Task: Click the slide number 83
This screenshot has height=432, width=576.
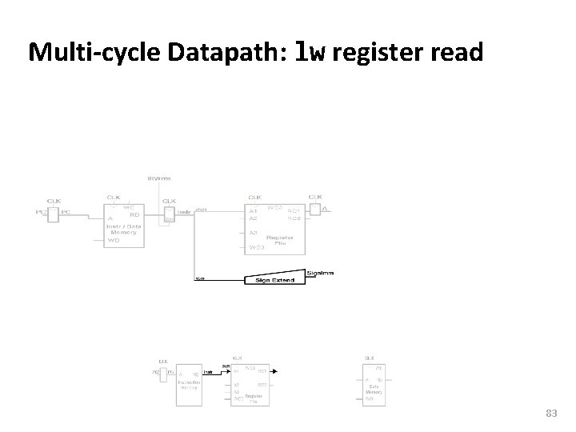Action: [550, 413]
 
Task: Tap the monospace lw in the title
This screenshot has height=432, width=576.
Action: [310, 52]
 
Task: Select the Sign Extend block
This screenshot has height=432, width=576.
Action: [274, 279]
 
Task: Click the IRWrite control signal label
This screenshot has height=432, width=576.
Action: [158, 178]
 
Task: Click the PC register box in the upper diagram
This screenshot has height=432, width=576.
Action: [54, 214]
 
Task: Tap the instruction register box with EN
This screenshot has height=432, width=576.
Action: [168, 214]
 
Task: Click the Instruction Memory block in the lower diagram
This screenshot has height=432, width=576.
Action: [190, 383]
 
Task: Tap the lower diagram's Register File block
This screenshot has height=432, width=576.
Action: [251, 386]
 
